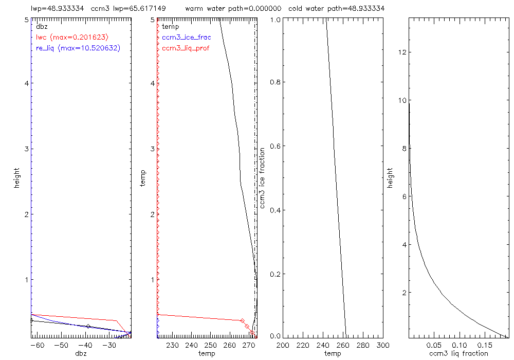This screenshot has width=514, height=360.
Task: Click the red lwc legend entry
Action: (72, 37)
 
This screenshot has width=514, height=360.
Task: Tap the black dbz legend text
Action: (41, 26)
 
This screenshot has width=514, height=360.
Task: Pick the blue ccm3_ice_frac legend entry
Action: (186, 37)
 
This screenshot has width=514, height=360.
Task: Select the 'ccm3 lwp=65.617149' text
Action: (123, 9)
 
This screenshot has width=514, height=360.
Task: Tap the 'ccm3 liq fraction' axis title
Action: (458, 353)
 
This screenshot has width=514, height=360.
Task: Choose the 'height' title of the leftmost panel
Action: (17, 178)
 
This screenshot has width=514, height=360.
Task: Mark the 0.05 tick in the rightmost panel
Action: (434, 345)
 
